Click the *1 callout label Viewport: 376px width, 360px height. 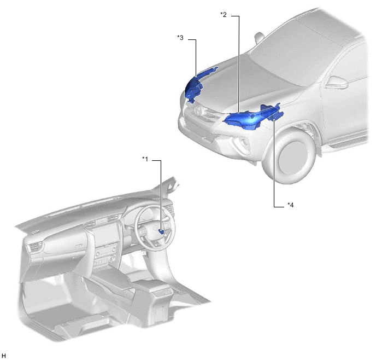(x=145, y=159)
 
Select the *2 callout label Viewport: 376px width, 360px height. (x=223, y=15)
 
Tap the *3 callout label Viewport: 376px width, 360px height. (x=180, y=37)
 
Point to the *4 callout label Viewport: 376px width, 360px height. (x=290, y=205)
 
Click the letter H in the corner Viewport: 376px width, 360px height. (x=4, y=356)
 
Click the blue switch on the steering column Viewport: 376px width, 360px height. (x=161, y=231)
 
